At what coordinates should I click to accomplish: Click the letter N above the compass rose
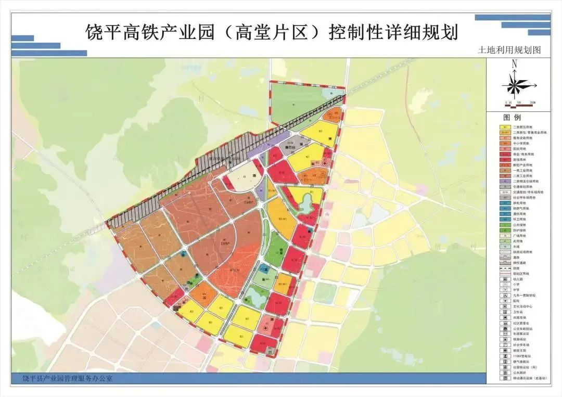(514, 65)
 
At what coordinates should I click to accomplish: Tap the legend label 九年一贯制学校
(525, 295)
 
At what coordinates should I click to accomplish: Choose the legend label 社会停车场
(522, 344)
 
